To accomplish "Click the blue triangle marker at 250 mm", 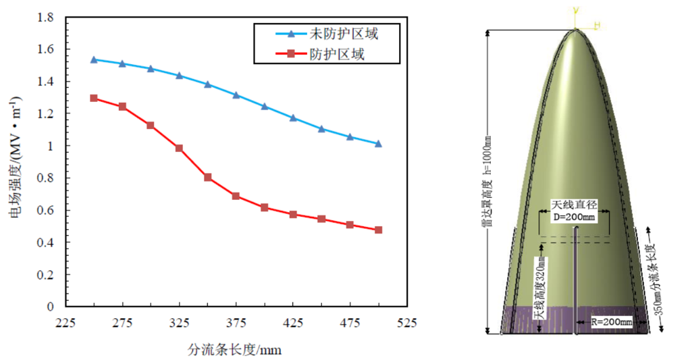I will point(94,59).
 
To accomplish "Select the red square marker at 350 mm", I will point(208,177).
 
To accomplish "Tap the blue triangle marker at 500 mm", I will point(378,143).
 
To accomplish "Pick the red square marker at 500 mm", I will point(378,230).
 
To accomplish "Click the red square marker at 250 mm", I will point(94,98).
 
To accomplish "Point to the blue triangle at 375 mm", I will point(236,95).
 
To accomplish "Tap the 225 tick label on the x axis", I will point(65,323).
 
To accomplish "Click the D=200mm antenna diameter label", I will point(574,217).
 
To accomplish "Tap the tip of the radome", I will point(575,29).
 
